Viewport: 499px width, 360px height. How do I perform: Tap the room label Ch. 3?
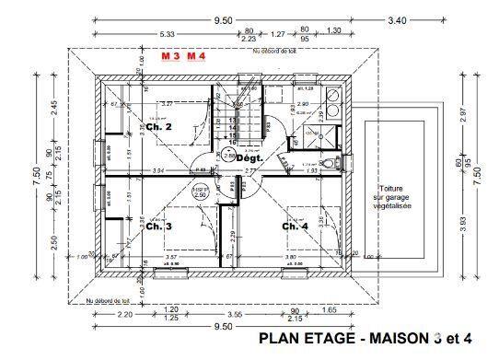pos(159,225)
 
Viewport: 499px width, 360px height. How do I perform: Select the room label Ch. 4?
pos(295,226)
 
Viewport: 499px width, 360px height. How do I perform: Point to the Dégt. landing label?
pos(249,157)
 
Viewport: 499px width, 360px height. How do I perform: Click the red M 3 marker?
pos(171,55)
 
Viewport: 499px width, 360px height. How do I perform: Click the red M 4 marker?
pos(197,55)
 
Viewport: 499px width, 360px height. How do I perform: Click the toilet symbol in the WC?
pos(337,162)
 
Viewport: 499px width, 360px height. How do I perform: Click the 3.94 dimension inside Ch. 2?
pos(157,170)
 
